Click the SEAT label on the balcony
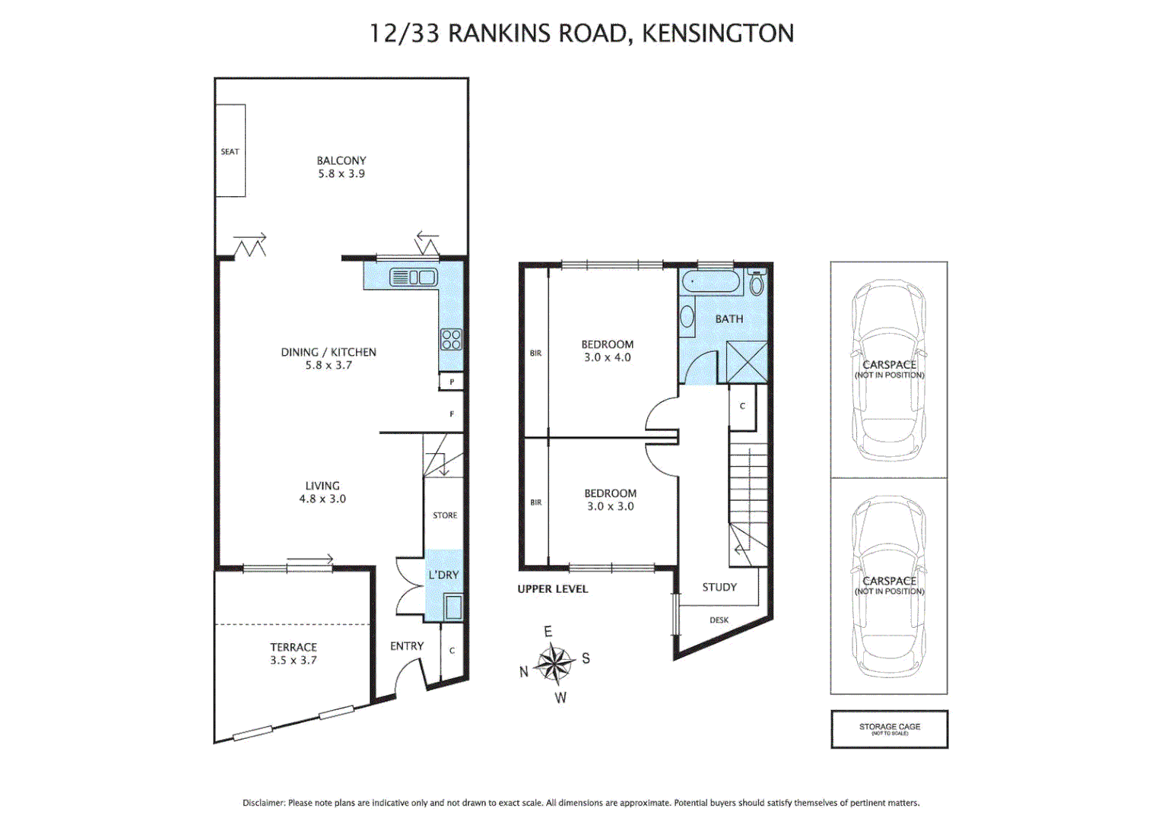[x=230, y=151]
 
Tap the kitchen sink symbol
[x=413, y=277]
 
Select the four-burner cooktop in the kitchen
[x=451, y=339]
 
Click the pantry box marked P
[x=452, y=382]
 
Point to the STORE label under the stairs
[x=445, y=515]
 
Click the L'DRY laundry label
[x=443, y=575]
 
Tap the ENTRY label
[x=407, y=646]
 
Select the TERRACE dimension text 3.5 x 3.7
[x=294, y=661]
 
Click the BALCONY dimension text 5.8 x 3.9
[x=341, y=174]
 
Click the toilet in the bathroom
[x=756, y=284]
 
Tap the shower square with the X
[x=747, y=363]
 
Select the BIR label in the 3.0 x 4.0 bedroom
[x=536, y=353]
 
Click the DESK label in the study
[x=719, y=620]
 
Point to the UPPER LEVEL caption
[x=553, y=589]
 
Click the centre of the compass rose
[x=555, y=664]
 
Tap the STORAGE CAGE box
[x=889, y=729]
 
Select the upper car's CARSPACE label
[x=889, y=365]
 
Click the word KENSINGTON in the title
[x=717, y=33]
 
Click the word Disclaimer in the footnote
[x=263, y=803]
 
